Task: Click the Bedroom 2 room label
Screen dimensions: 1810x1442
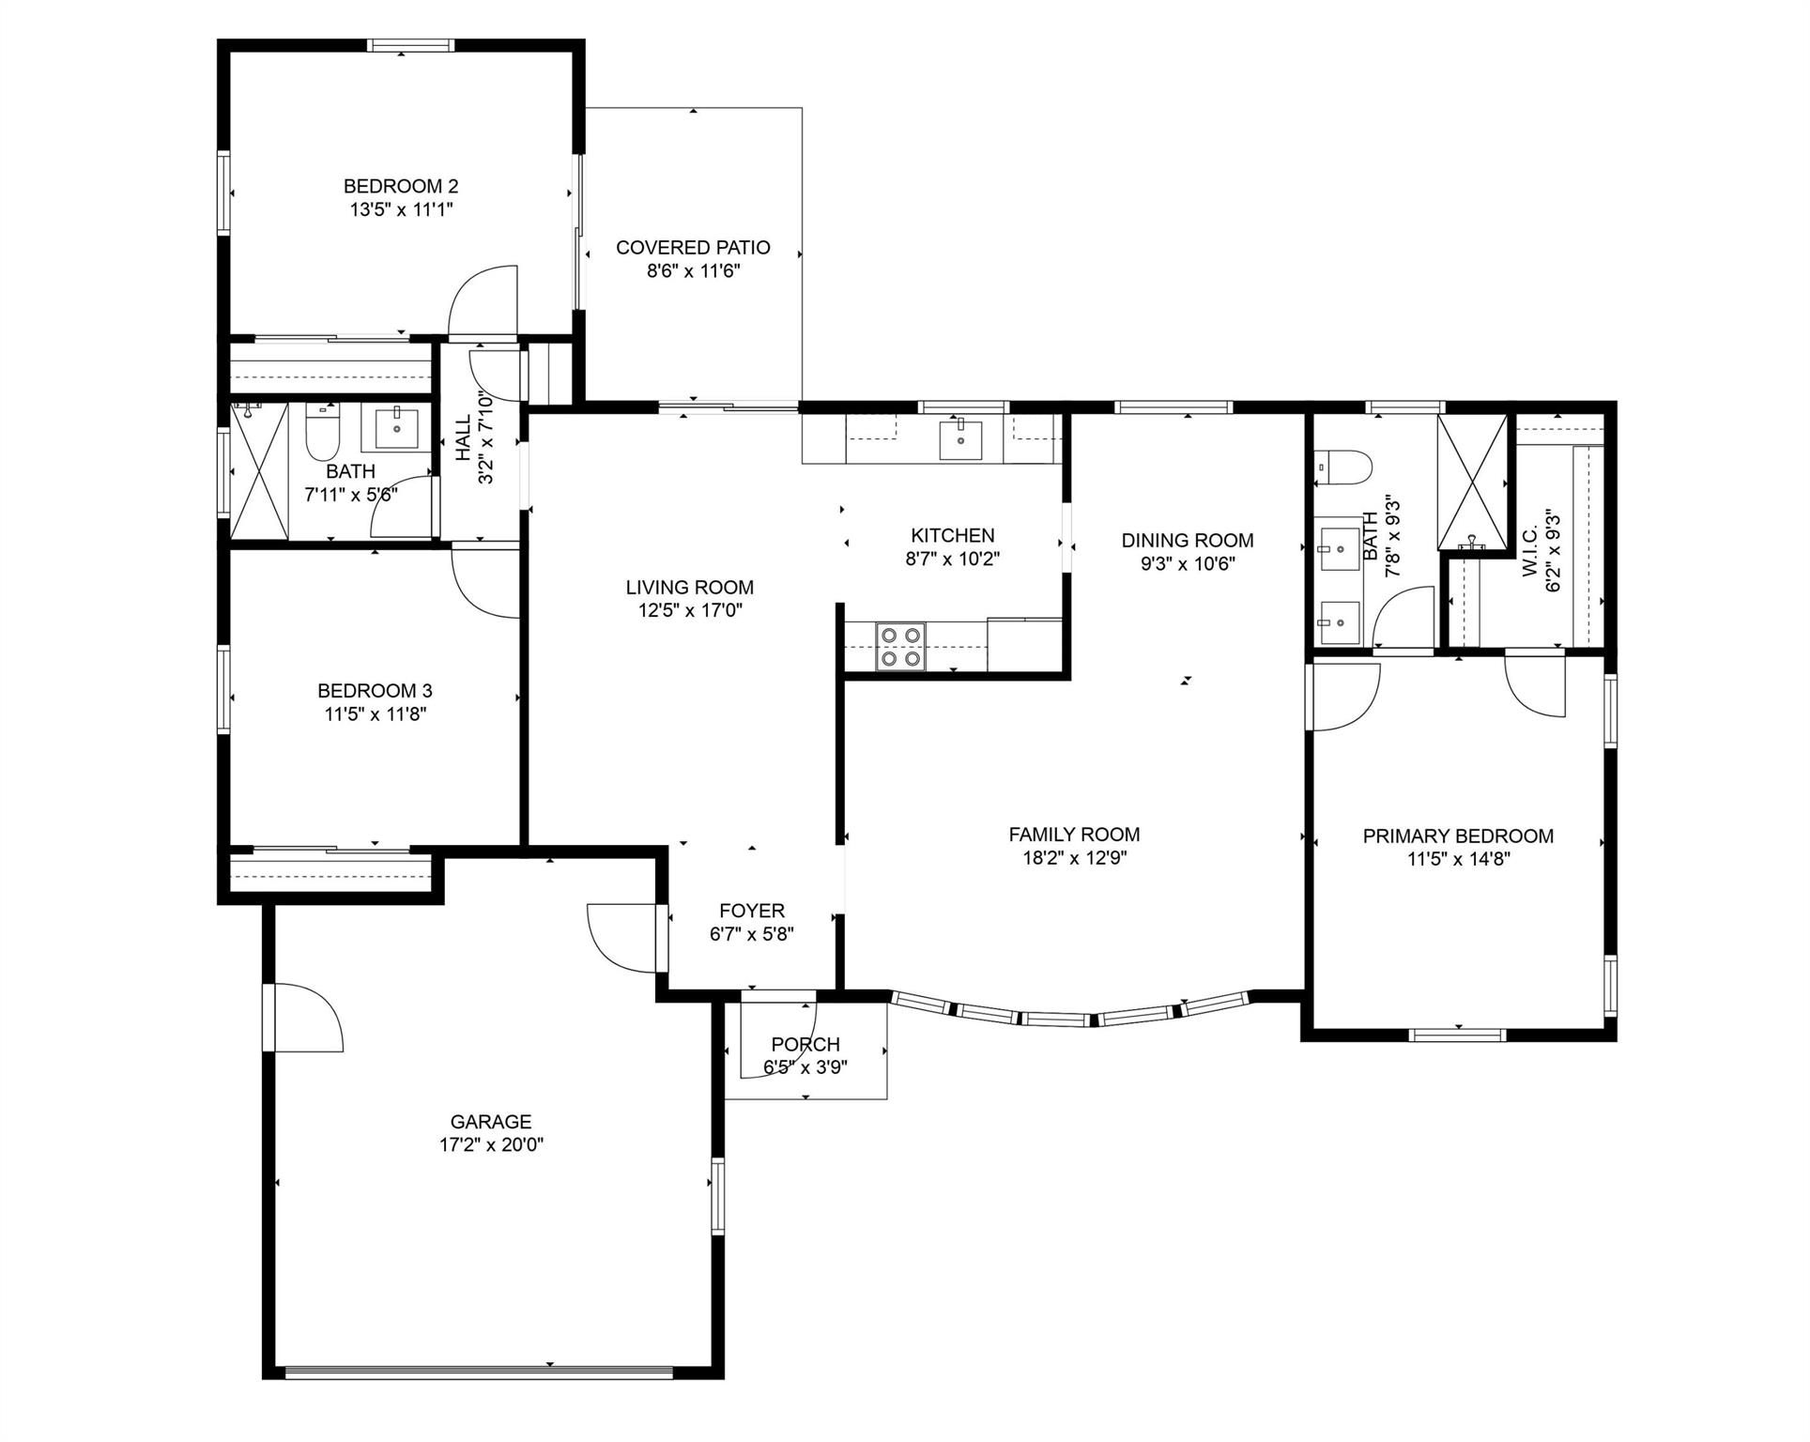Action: [401, 186]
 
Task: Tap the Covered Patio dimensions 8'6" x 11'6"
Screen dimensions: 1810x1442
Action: [693, 271]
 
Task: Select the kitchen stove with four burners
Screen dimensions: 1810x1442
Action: [900, 647]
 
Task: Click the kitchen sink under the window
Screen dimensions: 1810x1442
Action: [961, 439]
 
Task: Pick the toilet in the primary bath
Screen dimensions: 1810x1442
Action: [1343, 467]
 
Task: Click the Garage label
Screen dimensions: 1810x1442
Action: [491, 1121]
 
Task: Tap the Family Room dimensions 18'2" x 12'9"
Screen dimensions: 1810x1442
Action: [1074, 857]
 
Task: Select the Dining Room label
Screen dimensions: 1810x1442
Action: [1188, 540]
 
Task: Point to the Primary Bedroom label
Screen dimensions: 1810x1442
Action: [1458, 836]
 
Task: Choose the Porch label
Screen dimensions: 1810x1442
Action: [805, 1044]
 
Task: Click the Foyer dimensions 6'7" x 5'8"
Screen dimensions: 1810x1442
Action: [752, 934]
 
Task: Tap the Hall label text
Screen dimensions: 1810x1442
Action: [464, 438]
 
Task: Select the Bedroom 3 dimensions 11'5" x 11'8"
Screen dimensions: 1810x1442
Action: [375, 714]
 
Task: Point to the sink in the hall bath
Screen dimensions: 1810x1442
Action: [398, 428]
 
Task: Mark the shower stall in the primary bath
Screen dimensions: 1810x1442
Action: [1471, 481]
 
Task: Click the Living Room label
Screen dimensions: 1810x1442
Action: [690, 587]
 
